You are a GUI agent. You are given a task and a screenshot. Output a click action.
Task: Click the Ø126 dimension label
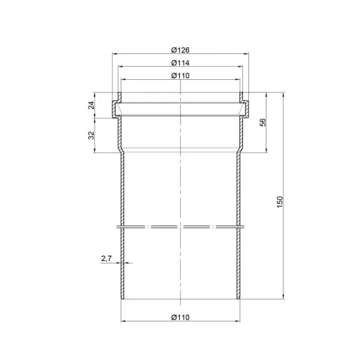(x=181, y=50)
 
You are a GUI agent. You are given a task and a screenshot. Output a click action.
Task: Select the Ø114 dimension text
(x=181, y=63)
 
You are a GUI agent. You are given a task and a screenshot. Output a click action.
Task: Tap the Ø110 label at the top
(x=181, y=76)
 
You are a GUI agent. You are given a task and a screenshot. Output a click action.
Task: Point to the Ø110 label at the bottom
(x=181, y=317)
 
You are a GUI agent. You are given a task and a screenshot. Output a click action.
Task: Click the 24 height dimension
(x=91, y=105)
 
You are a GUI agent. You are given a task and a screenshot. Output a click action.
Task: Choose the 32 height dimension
(x=91, y=135)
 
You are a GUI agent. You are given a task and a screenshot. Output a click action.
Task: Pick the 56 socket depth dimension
(x=263, y=122)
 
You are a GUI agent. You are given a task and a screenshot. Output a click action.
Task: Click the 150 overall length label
(x=280, y=202)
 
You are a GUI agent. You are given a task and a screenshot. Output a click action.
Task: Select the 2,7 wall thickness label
(x=106, y=259)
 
